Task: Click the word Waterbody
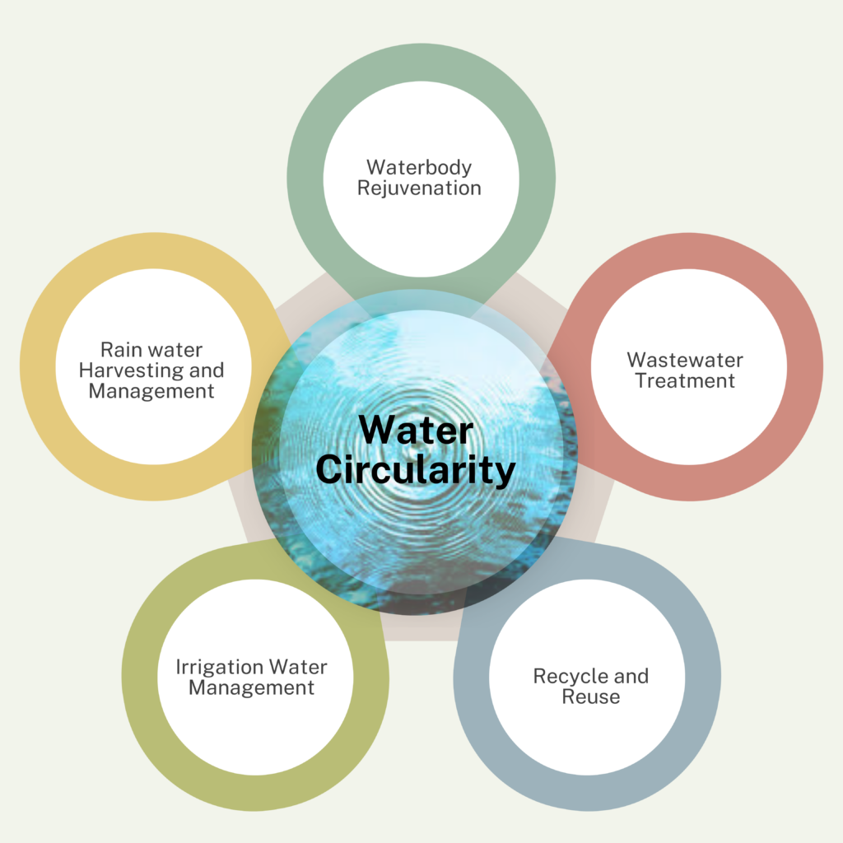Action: point(419,168)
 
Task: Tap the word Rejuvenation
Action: point(419,189)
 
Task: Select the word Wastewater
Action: point(685,360)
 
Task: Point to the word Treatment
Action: point(685,380)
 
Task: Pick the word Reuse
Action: point(591,696)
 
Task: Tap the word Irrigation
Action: point(219,668)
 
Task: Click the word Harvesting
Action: point(131,370)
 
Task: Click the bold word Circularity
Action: point(416,470)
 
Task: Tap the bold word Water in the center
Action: point(416,430)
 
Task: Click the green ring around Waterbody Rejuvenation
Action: point(306,179)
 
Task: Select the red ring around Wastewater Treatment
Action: point(804,366)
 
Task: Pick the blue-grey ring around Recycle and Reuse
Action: point(703,677)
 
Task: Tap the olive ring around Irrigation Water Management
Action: point(140,677)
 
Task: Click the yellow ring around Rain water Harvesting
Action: point(38,366)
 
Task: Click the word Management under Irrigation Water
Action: point(252,688)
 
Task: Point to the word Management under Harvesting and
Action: point(151,391)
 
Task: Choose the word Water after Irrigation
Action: point(298,668)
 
